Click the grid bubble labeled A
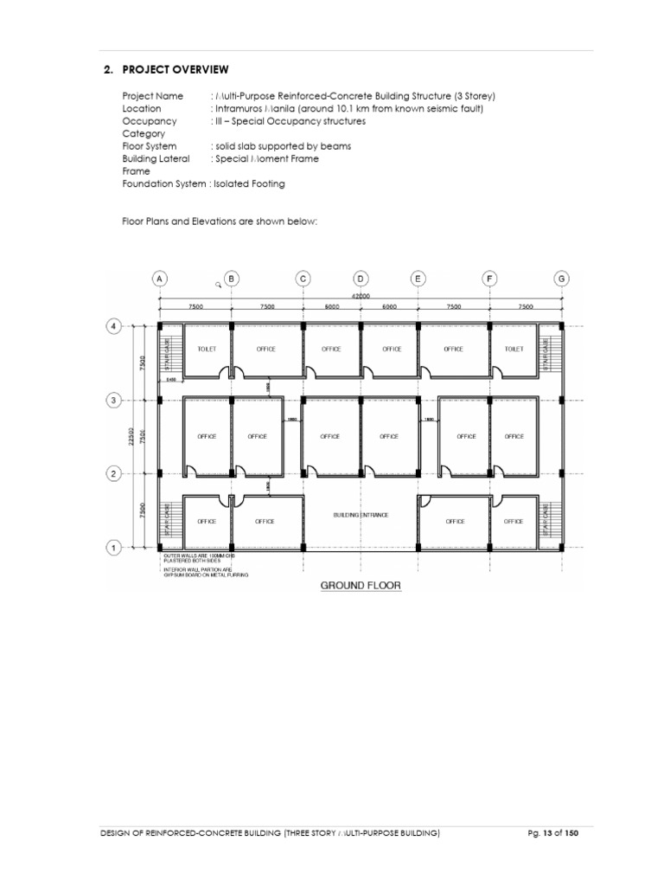[159, 279]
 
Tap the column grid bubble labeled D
[361, 279]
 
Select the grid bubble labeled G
[562, 279]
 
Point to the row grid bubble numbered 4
[112, 326]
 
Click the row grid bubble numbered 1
[112, 547]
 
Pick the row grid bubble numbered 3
[112, 400]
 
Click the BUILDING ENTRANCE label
[361, 515]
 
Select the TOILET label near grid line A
[206, 350]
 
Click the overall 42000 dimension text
[361, 296]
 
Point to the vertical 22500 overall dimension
[131, 437]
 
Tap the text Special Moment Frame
[267, 159]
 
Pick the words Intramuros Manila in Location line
[249, 109]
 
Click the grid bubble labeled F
[490, 279]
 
